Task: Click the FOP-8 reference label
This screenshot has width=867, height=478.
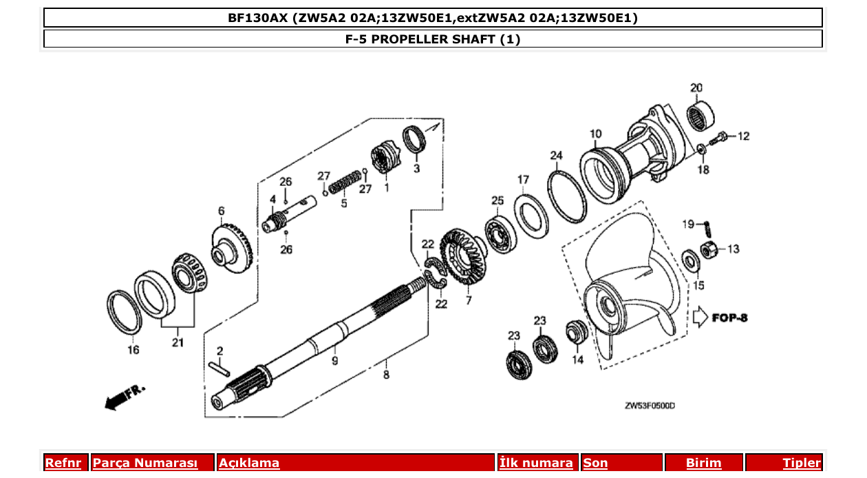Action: click(729, 318)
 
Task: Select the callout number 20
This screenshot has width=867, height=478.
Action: click(696, 87)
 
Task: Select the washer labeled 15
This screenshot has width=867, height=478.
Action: click(688, 260)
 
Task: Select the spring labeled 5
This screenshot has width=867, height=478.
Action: click(343, 183)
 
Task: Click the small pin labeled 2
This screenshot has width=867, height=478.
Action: click(220, 367)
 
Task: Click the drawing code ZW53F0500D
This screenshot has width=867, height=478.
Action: click(649, 406)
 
